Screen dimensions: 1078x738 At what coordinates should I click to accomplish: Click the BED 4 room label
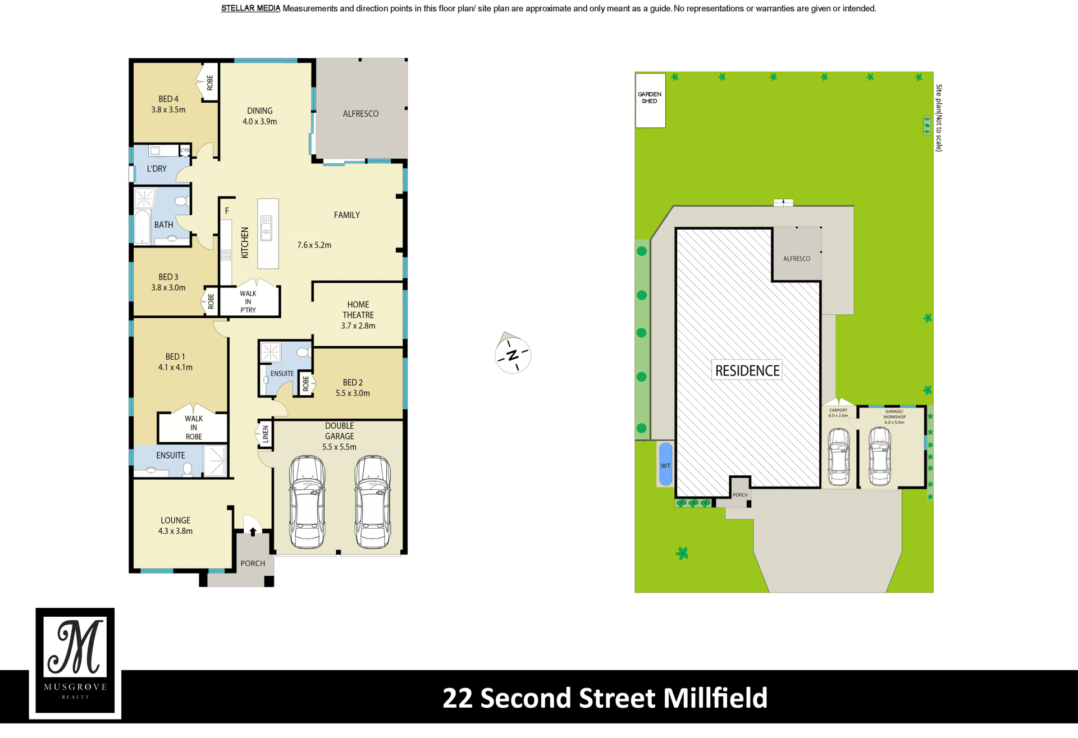168,99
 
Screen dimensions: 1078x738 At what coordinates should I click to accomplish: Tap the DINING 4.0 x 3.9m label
259,116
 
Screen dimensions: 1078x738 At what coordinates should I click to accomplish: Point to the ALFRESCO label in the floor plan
360,114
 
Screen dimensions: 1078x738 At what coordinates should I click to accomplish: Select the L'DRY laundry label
157,168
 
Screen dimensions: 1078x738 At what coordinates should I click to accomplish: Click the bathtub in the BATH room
143,227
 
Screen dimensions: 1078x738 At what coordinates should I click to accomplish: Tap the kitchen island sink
266,228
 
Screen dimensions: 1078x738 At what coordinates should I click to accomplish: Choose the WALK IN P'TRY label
248,302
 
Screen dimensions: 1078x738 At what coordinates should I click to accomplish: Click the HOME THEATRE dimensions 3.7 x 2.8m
358,326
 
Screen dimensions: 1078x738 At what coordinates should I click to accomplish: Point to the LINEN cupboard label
266,434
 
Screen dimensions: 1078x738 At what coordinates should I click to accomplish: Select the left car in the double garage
307,502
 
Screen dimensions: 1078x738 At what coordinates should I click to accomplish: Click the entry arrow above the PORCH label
253,531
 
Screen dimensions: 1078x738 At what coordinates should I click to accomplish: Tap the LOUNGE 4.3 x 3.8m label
175,526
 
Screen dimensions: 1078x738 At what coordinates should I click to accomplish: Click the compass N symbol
513,355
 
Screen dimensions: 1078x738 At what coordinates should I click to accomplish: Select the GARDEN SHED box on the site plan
650,100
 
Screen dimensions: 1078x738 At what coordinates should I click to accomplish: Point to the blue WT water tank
665,464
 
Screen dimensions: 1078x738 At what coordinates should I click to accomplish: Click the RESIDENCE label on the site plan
747,370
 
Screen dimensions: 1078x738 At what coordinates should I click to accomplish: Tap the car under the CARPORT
839,456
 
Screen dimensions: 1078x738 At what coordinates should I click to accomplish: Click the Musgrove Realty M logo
75,661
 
